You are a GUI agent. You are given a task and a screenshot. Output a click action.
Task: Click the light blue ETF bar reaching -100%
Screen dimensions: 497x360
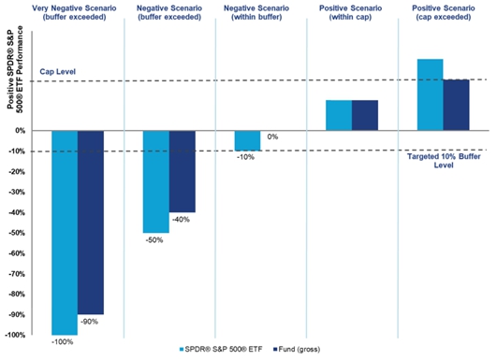(x=65, y=233)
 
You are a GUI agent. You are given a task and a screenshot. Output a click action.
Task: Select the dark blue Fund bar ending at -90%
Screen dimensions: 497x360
(x=91, y=223)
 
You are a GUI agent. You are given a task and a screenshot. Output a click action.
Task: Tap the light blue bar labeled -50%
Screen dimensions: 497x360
(x=156, y=181)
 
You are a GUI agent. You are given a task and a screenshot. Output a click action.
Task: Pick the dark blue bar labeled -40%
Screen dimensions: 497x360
(x=183, y=172)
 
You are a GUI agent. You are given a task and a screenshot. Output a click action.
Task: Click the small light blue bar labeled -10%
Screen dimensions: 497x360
(x=247, y=141)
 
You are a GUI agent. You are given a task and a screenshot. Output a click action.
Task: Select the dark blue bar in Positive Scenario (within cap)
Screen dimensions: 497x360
(x=365, y=115)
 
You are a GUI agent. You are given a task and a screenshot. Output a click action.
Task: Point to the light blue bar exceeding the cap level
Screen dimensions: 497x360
(x=431, y=94)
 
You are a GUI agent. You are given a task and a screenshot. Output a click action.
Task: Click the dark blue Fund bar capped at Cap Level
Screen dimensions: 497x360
(x=456, y=105)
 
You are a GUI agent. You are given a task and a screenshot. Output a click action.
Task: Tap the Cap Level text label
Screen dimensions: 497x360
(x=58, y=72)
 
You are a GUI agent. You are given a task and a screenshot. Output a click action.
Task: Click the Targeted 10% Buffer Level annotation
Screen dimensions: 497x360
(x=444, y=161)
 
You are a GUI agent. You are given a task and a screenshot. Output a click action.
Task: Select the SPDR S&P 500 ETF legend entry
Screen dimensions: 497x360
(x=221, y=349)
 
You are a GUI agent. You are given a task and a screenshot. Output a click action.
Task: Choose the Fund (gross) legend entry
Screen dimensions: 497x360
(x=297, y=349)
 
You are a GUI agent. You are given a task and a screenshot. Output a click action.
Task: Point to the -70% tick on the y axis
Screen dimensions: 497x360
(x=16, y=274)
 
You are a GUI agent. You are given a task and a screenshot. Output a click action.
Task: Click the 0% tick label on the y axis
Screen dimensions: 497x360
(x=20, y=131)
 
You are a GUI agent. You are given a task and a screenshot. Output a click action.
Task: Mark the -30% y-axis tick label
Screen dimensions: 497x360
(x=16, y=193)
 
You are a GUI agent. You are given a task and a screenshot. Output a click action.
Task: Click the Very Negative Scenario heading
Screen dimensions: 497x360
(x=74, y=13)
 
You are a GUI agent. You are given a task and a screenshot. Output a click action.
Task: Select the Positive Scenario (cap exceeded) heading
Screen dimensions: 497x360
(x=444, y=13)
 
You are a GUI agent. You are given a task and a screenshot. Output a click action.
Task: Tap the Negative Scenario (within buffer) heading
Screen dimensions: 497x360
(x=256, y=13)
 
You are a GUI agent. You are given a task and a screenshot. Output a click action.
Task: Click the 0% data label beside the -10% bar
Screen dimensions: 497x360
(x=272, y=137)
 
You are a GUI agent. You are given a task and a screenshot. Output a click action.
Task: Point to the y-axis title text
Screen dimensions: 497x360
(x=15, y=67)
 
